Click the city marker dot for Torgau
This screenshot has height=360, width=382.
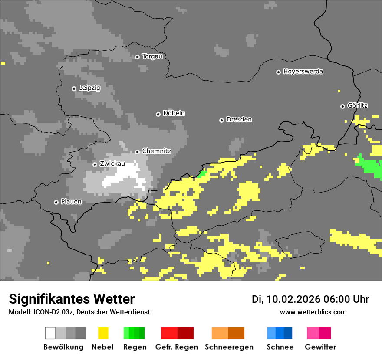137,57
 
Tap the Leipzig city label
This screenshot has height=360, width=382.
89,88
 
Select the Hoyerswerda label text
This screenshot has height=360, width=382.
303,72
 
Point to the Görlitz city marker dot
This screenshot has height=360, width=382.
342,106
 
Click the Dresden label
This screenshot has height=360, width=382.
239,120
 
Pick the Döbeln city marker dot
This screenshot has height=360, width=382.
158,114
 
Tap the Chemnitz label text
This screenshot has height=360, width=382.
156,151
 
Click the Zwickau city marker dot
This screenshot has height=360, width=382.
95,164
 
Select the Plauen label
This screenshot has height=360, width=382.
71,202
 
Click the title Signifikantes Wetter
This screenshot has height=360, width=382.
72,299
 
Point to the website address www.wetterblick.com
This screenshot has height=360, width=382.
313,312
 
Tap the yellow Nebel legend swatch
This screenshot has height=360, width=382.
103,333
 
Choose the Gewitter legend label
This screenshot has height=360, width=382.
320,347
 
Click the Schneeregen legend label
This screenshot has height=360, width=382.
229,347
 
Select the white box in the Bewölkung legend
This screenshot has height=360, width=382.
50,333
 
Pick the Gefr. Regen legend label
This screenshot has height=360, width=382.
176,347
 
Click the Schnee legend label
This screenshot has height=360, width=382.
280,347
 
